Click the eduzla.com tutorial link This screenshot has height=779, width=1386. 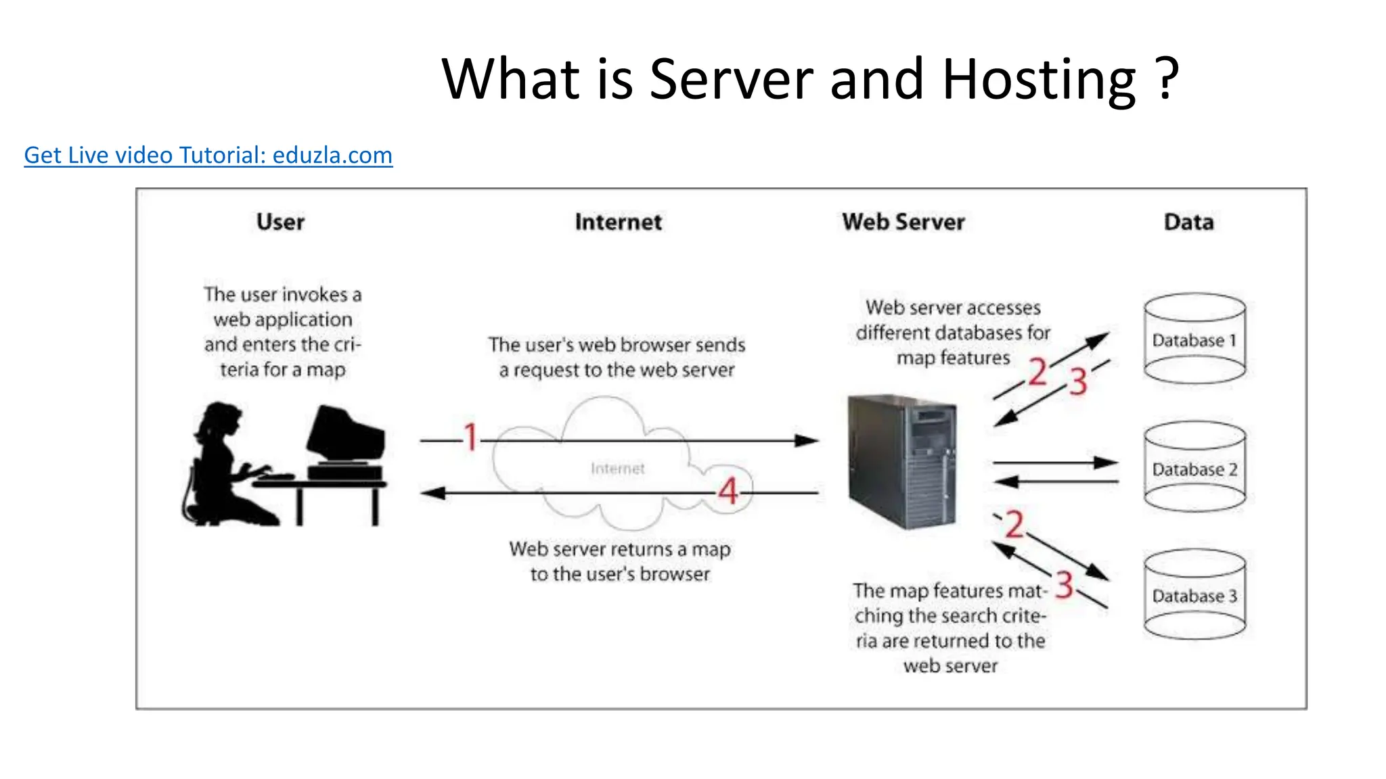[208, 156]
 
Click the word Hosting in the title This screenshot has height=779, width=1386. [1039, 80]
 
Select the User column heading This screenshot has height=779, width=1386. [280, 222]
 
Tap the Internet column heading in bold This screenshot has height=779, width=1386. [618, 222]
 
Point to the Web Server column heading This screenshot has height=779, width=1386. [903, 222]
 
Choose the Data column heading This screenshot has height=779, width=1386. [1188, 222]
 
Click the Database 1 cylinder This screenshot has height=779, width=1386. [1194, 339]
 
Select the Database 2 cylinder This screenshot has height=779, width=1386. [1194, 467]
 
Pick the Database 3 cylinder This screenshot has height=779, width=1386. [1194, 595]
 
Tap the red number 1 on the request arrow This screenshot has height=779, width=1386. [470, 437]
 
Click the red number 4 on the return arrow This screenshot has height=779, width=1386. [728, 491]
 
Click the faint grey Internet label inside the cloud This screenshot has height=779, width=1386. [617, 469]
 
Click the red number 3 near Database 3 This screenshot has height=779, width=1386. [1064, 585]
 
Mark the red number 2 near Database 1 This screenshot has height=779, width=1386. [1037, 372]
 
